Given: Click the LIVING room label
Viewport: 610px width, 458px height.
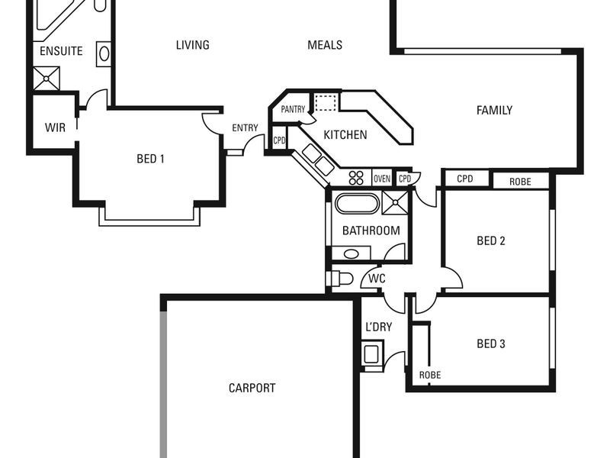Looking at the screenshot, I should [x=192, y=45].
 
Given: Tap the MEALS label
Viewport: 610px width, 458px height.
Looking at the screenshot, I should [x=325, y=45].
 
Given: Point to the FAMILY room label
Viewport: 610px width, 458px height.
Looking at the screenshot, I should [x=494, y=111].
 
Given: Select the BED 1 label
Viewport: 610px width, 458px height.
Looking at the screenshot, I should [x=150, y=160].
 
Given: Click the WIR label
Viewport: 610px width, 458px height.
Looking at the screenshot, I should [x=54, y=127].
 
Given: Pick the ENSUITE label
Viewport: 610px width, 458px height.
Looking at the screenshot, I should [x=61, y=52].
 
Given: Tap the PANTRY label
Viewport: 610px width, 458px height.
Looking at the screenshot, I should [x=293, y=110].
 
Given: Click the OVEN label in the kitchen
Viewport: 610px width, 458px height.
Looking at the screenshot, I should [x=382, y=179].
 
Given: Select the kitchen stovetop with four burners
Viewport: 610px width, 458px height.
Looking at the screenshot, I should [x=357, y=178].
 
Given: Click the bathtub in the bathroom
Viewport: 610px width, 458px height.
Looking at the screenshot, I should [x=356, y=205].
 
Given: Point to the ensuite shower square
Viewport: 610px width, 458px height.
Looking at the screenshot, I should [x=47, y=78].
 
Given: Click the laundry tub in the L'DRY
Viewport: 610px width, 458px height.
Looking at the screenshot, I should [x=372, y=354].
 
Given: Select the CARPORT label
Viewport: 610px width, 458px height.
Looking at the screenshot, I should [x=252, y=388].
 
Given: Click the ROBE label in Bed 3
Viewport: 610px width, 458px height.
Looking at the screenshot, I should [x=430, y=376].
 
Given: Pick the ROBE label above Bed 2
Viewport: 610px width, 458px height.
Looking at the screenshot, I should [x=520, y=182].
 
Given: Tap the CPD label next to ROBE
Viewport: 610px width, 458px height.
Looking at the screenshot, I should [x=465, y=179].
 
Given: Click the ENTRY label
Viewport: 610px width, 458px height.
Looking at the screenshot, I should [x=245, y=128].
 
